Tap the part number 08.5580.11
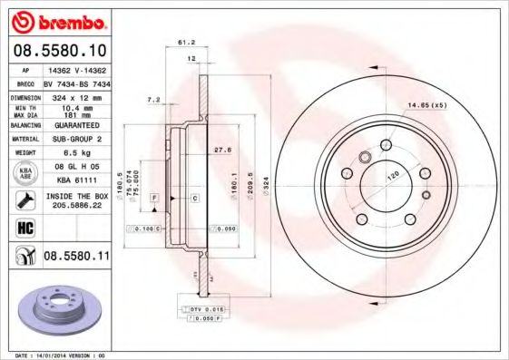75,258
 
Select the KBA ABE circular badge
24,172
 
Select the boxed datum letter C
195,197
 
